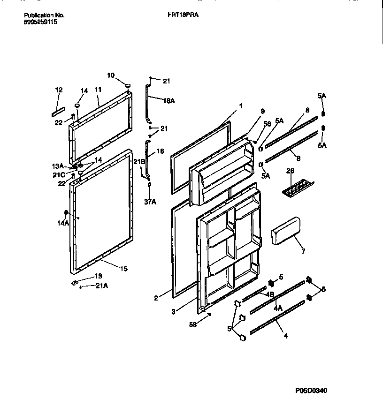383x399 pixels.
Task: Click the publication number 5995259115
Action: point(41,22)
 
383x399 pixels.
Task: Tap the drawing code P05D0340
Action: point(310,391)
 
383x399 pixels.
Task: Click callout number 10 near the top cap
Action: point(111,75)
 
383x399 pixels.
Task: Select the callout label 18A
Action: point(169,100)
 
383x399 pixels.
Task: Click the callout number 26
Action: point(290,171)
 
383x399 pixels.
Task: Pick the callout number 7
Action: point(303,251)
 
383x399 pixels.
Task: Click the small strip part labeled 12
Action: point(58,111)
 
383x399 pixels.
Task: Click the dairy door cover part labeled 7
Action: point(285,232)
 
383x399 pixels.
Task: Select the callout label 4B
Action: point(270,294)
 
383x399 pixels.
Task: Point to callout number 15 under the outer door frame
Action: point(123,269)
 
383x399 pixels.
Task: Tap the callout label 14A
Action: point(64,223)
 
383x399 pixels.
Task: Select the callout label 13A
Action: point(57,166)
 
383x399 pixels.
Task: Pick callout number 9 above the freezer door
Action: point(262,111)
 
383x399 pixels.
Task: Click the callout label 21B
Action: point(139,161)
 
